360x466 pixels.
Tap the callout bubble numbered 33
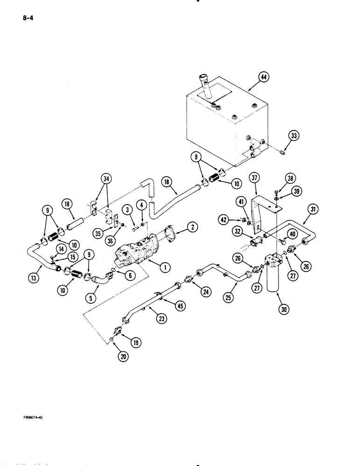click(293, 137)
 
